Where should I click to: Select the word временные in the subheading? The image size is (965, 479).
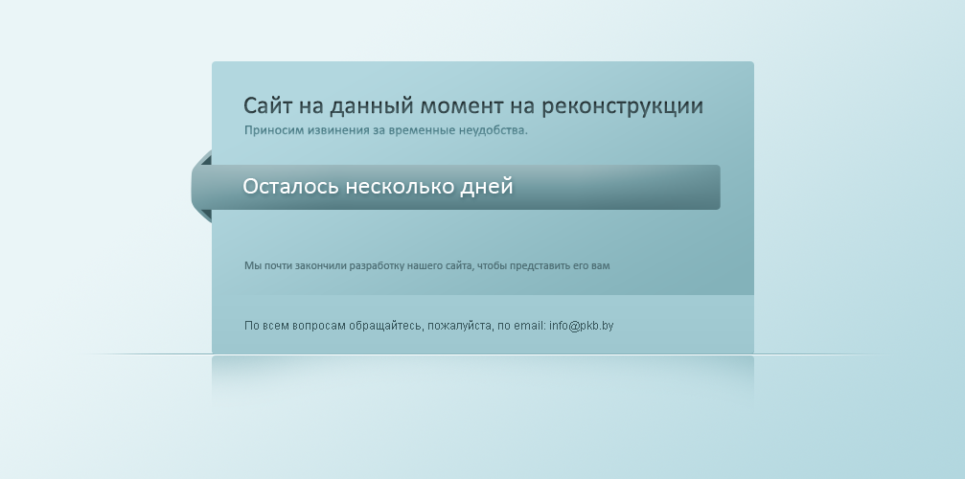(422, 130)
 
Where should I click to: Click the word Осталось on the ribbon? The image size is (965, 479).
(290, 186)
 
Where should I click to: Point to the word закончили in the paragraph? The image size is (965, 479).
(321, 266)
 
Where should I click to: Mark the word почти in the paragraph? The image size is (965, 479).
(278, 266)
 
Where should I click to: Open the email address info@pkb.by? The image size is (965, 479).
(582, 326)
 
